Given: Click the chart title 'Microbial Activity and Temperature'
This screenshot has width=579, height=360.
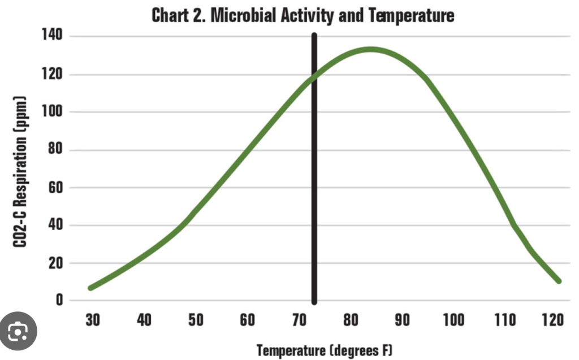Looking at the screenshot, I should pyautogui.click(x=303, y=15).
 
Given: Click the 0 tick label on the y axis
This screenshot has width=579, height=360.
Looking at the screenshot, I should pyautogui.click(x=59, y=301).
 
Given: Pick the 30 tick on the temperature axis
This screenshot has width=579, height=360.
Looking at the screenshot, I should pyautogui.click(x=92, y=320).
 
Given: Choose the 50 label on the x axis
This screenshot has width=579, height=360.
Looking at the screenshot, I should pyautogui.click(x=196, y=320).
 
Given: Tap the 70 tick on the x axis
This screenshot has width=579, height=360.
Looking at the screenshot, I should pyautogui.click(x=299, y=320).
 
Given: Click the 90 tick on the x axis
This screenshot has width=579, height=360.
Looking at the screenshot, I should pyautogui.click(x=402, y=320).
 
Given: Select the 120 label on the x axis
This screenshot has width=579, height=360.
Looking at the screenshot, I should pyautogui.click(x=552, y=320).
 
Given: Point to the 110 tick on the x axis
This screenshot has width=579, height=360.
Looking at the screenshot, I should pyautogui.click(x=504, y=320).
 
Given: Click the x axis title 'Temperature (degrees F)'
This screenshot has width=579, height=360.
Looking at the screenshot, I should pyautogui.click(x=325, y=350).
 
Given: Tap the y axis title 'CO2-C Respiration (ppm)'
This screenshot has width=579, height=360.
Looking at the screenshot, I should pyautogui.click(x=21, y=169).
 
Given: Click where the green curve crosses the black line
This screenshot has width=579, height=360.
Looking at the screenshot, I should pyautogui.click(x=314, y=76).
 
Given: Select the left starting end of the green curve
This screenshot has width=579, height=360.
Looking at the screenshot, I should pyautogui.click(x=90, y=288).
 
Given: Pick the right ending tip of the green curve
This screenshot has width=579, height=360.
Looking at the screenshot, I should pyautogui.click(x=559, y=281).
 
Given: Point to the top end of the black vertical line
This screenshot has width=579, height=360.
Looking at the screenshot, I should pyautogui.click(x=314, y=35).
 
